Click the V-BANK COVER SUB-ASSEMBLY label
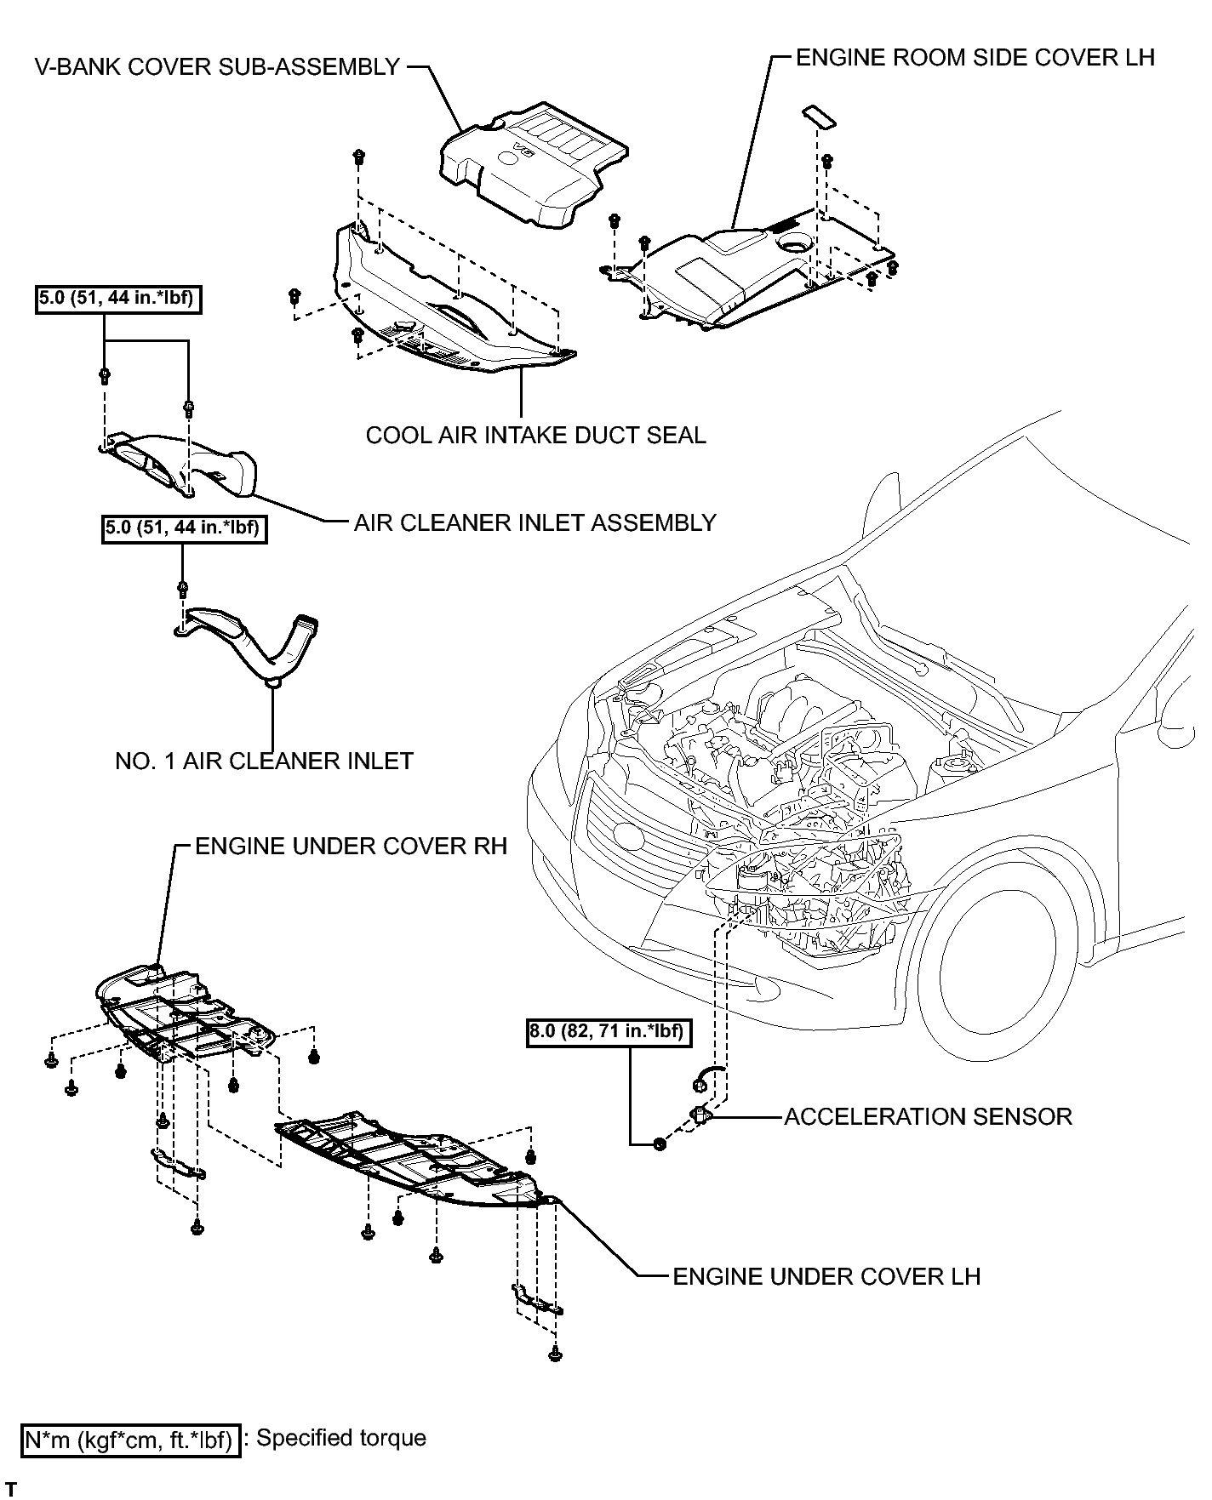(x=216, y=67)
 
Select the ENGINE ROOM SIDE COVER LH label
(x=975, y=57)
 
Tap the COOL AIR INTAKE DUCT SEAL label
(x=535, y=435)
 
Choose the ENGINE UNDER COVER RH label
(x=352, y=846)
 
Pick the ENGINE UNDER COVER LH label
(x=826, y=1276)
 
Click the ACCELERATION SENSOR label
(x=928, y=1115)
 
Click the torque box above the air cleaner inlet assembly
(x=118, y=301)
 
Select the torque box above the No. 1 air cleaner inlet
(x=183, y=529)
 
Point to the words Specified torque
(x=340, y=1438)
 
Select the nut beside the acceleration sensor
(x=659, y=1143)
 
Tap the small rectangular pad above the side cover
(x=819, y=117)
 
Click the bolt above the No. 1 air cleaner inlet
(x=183, y=587)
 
